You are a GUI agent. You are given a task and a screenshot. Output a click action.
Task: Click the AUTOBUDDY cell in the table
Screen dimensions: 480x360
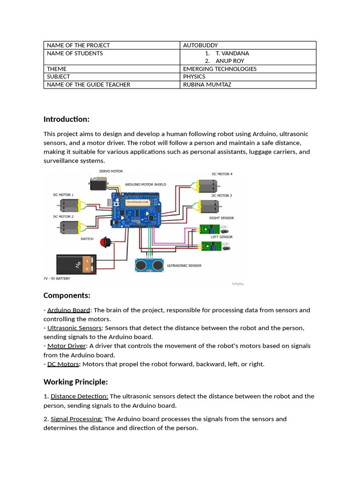[x=200, y=45]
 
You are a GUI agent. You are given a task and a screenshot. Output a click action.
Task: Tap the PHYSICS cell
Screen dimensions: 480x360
[x=194, y=76]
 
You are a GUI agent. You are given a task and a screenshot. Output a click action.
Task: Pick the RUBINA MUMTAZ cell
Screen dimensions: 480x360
[x=207, y=84]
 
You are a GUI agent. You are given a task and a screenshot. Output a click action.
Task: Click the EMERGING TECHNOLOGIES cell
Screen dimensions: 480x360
[x=219, y=69]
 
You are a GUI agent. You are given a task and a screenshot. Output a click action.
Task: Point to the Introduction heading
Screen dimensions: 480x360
[x=66, y=119]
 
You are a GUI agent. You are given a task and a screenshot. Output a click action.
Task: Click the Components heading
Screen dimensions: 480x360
[x=67, y=295]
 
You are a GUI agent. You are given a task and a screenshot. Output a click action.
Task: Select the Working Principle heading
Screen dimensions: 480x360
[x=75, y=382]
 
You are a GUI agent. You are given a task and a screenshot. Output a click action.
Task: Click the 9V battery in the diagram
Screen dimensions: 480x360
[x=76, y=265]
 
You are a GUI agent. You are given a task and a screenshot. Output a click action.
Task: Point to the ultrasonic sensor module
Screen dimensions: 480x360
[x=149, y=265]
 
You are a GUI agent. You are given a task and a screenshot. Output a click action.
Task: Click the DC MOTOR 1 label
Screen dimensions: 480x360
[x=63, y=195]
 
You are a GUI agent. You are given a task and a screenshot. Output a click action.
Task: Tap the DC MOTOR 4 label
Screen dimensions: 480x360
[x=222, y=174]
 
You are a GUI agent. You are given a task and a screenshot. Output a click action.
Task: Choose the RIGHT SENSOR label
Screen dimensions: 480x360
[x=221, y=218]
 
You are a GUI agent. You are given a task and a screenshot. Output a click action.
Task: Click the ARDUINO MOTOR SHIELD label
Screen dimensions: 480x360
[x=145, y=185]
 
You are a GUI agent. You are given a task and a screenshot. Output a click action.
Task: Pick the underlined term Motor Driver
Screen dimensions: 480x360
[x=67, y=346]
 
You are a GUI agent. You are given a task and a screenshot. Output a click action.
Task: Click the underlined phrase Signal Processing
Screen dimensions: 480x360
[x=76, y=419]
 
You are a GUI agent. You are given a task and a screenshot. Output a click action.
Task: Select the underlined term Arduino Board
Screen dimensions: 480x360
[x=68, y=310]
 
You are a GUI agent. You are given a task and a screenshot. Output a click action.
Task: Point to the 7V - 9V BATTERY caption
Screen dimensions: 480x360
[x=57, y=278]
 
